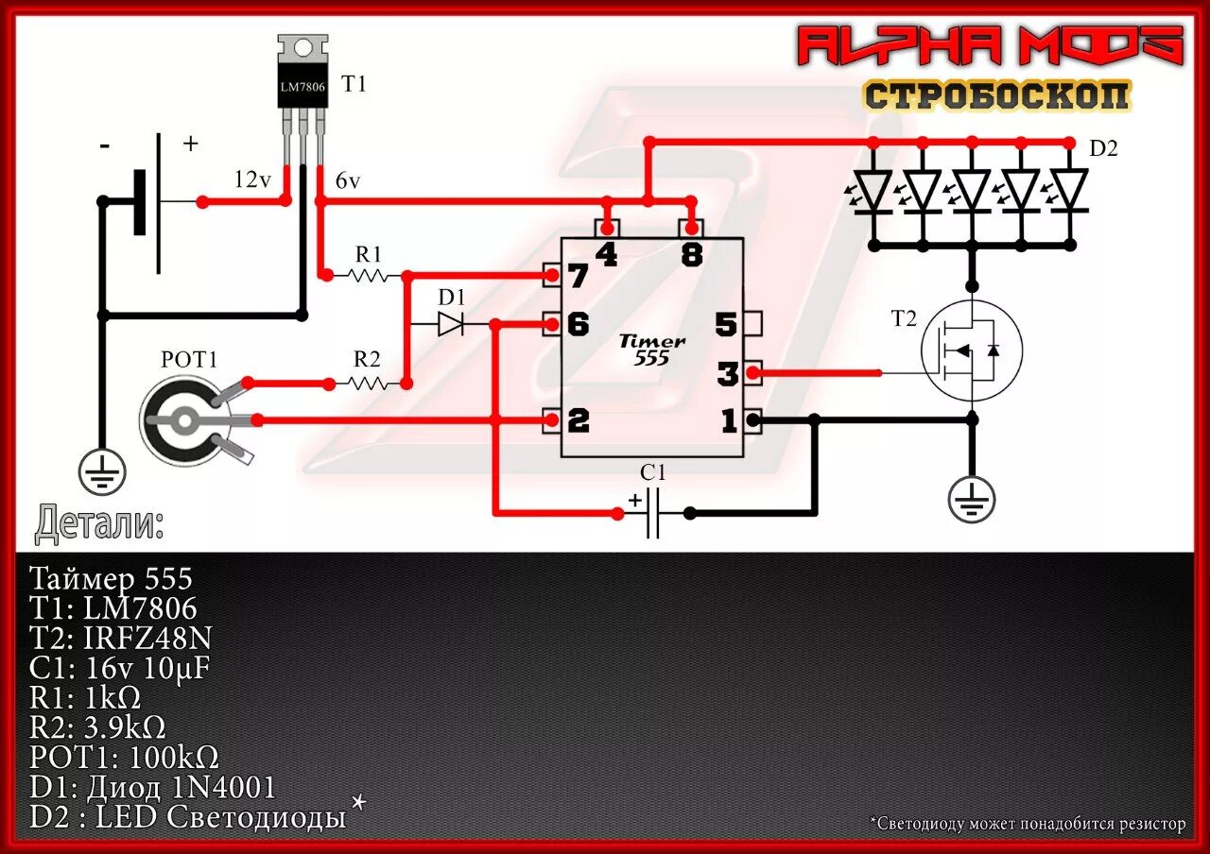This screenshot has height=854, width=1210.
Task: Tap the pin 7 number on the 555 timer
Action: tap(577, 277)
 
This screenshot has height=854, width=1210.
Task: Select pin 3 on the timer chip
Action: tap(727, 374)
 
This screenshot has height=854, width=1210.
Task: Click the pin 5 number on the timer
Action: tap(725, 325)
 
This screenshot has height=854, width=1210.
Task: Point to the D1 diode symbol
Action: tap(451, 324)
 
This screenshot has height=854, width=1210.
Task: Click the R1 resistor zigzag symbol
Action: tap(368, 276)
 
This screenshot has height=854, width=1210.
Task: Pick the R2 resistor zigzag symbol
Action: tap(369, 384)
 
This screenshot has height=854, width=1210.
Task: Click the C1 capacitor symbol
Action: tap(653, 513)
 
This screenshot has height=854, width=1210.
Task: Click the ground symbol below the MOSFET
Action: tap(972, 500)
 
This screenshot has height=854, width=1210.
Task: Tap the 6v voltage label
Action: tap(348, 181)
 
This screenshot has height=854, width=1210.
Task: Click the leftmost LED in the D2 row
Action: tap(873, 190)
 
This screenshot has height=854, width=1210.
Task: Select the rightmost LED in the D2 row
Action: tap(1070, 190)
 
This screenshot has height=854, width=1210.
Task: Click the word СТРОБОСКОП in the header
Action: tap(996, 95)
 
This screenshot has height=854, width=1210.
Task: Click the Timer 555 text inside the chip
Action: tap(652, 350)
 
